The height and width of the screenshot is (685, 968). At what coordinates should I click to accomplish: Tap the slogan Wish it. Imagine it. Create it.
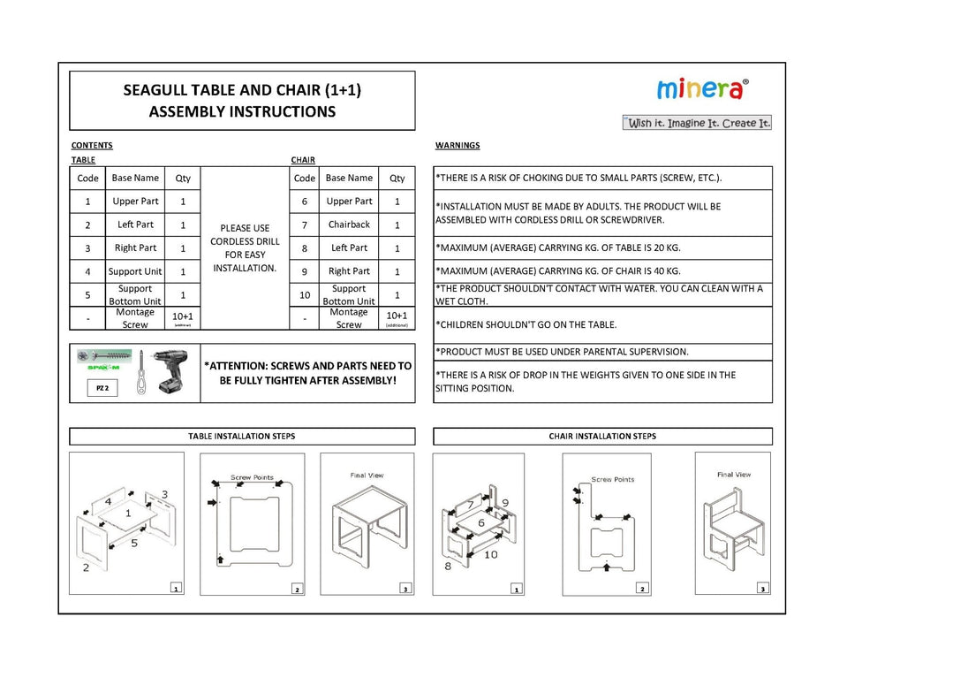(698, 123)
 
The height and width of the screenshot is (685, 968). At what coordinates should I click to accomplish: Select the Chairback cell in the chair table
(349, 225)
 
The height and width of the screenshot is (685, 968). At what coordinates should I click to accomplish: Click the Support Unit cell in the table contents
(135, 271)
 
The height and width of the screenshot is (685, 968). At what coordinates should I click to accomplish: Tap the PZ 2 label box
(102, 387)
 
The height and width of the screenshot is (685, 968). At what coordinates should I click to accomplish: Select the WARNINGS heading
(458, 145)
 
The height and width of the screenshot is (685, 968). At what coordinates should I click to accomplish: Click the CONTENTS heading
(92, 145)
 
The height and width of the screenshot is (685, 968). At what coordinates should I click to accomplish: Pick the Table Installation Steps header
(241, 436)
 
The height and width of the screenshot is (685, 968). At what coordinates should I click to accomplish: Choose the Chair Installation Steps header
(602, 436)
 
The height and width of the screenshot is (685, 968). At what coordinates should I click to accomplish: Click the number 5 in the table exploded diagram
(134, 543)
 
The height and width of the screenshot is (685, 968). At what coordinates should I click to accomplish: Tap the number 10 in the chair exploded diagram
(490, 554)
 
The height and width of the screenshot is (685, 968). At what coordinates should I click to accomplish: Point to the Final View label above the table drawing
(367, 476)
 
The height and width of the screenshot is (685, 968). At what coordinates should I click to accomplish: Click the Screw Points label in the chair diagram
(612, 479)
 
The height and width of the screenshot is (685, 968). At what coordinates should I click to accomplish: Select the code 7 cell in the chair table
(304, 225)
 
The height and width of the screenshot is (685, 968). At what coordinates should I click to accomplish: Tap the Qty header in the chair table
(397, 178)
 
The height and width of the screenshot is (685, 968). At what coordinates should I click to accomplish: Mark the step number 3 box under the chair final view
(763, 588)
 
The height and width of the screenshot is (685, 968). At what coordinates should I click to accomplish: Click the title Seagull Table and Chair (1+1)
(242, 90)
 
